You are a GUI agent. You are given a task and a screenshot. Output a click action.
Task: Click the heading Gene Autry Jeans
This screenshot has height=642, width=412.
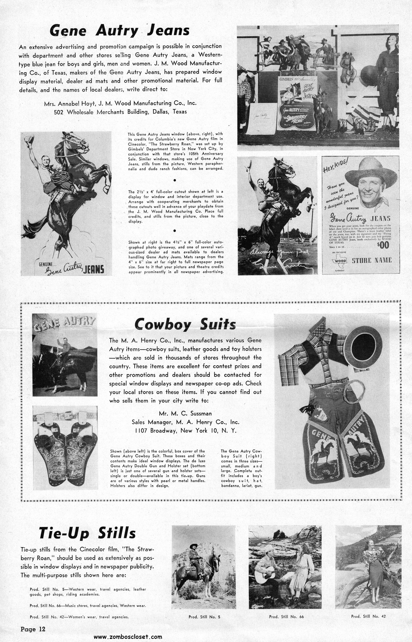(x=120, y=30)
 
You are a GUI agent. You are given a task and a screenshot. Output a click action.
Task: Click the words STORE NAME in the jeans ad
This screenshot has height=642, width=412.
(x=372, y=260)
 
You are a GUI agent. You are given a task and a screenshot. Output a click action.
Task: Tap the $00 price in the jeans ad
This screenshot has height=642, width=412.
(x=384, y=245)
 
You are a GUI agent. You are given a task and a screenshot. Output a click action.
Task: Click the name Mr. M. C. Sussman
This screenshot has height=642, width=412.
(x=185, y=413)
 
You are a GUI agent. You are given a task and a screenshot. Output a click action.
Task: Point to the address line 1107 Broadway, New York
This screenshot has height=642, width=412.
(x=186, y=431)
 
